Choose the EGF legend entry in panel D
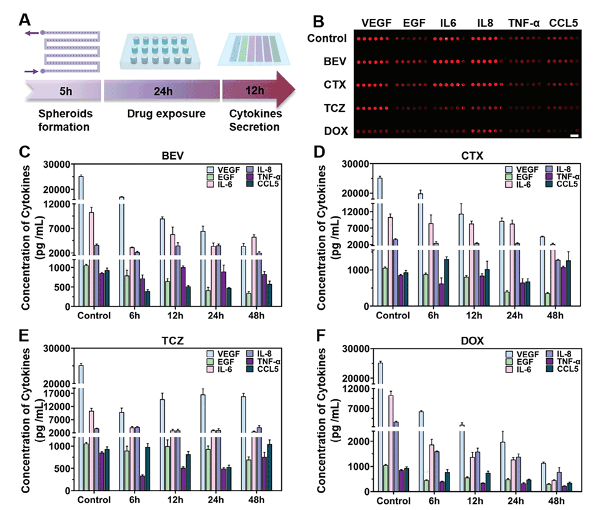click(518, 178)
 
